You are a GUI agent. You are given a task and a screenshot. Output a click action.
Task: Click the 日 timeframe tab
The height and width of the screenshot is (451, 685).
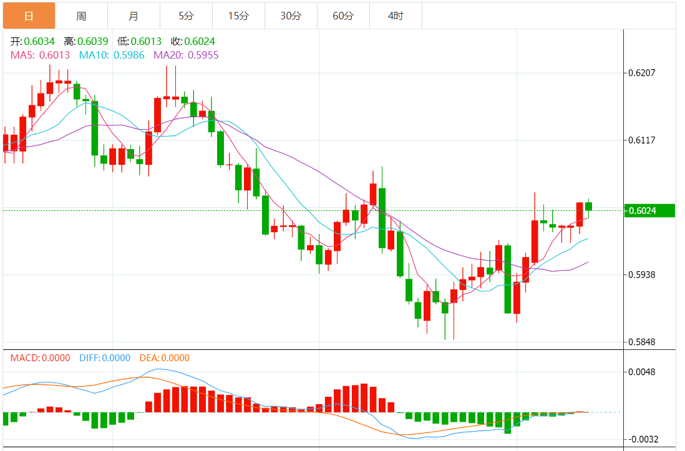[x=29, y=16]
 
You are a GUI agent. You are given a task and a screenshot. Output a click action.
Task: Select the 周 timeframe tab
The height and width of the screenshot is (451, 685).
[x=81, y=16]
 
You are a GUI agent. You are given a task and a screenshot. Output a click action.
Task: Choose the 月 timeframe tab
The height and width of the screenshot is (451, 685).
[x=134, y=16]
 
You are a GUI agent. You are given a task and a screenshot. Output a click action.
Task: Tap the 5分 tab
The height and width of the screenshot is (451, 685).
[x=186, y=16]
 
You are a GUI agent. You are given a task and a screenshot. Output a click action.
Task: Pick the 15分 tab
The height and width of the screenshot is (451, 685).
[x=238, y=16]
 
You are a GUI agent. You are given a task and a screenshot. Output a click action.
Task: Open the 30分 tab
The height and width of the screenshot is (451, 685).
[x=291, y=16]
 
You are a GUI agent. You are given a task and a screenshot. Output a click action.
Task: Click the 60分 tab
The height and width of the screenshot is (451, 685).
[x=343, y=16]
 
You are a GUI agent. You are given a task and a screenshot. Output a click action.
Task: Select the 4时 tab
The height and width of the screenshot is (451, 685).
[x=396, y=16]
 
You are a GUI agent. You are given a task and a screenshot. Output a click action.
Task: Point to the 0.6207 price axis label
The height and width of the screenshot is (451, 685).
[x=642, y=73]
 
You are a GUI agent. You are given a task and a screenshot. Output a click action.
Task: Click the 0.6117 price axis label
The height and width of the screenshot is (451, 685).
[x=642, y=140]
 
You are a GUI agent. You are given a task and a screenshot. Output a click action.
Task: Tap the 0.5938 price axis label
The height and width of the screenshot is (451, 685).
[x=642, y=274]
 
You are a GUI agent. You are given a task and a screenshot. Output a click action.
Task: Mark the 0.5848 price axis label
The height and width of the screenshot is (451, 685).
[x=642, y=342]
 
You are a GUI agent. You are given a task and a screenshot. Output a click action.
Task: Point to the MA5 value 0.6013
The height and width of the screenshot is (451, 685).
[x=54, y=55]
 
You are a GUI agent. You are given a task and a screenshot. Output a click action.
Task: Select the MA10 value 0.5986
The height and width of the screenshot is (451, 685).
[x=129, y=55]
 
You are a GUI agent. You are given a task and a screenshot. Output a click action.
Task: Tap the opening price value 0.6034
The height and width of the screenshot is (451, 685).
[x=39, y=41]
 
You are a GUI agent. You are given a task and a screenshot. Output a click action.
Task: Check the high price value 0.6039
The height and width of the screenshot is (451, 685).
[x=93, y=41]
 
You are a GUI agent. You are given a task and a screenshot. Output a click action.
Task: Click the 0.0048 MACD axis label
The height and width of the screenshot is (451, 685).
[x=642, y=372]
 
